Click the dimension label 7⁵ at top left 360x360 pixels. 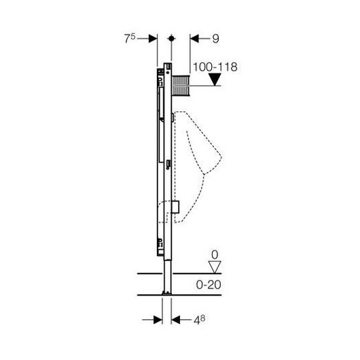coord(130,38)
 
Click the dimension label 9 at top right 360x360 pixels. coord(215,39)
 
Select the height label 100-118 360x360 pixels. coord(215,67)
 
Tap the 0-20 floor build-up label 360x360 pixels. coord(209,285)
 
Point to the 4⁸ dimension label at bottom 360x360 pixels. coord(199,320)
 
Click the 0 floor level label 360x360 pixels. coord(215,255)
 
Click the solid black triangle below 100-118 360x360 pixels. coord(215,79)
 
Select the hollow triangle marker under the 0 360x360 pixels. coord(215,267)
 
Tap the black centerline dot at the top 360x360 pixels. coord(171,38)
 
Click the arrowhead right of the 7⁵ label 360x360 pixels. coord(153,39)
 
